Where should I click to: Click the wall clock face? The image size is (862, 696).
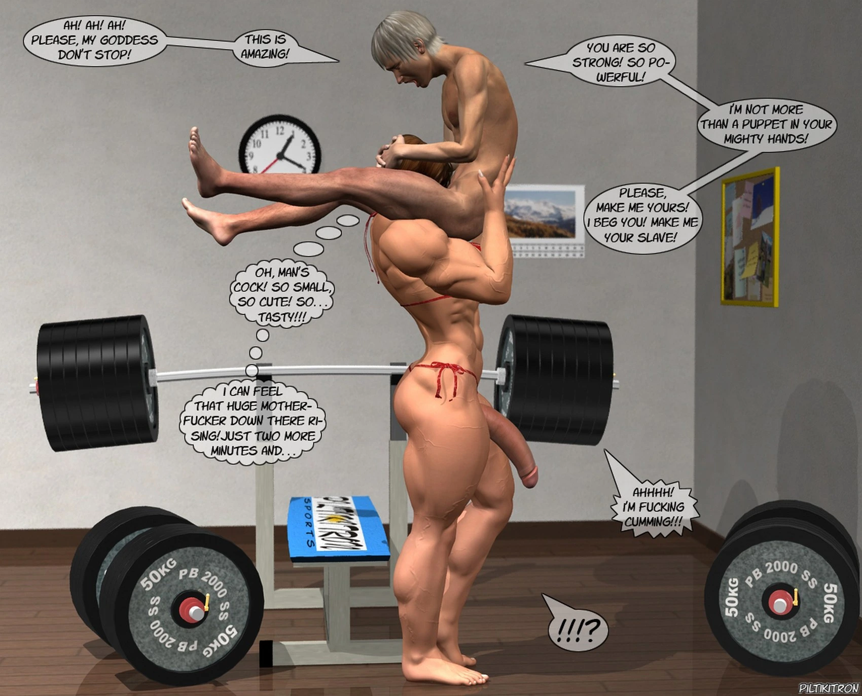(x=279, y=146)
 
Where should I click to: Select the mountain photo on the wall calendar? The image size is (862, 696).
(x=542, y=212)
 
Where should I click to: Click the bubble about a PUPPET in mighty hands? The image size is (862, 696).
(x=766, y=125)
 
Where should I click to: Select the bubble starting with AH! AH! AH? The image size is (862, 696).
(x=95, y=41)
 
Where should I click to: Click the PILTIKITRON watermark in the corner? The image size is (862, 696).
(x=829, y=688)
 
